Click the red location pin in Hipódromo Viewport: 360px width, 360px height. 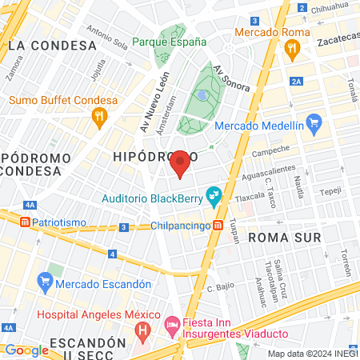(180, 162)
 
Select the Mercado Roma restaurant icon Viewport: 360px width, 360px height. (294, 48)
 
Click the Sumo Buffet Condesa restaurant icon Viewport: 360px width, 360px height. (100, 117)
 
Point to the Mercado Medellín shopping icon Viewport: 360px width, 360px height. (314, 125)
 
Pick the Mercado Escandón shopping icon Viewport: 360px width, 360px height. (45, 283)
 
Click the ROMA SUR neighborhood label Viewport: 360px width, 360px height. (284, 238)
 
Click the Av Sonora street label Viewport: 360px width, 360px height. (232, 77)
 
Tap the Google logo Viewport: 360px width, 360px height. (26, 350)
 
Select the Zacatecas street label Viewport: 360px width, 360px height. (338, 38)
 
